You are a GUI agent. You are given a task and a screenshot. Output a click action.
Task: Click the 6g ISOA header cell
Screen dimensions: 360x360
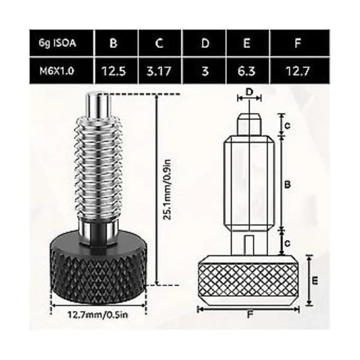(x=57, y=43)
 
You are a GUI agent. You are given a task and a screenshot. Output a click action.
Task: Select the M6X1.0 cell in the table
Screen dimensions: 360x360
(x=57, y=71)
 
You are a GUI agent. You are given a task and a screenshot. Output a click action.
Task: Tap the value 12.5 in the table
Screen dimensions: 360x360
(x=113, y=71)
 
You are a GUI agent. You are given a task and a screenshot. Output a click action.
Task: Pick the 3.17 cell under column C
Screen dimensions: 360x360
(x=159, y=71)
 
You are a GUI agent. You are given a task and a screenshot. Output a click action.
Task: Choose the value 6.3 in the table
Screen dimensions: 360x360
(x=247, y=71)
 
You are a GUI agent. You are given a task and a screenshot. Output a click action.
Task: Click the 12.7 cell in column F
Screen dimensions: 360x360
(x=297, y=71)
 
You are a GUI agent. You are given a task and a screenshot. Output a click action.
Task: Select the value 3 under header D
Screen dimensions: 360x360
(x=205, y=71)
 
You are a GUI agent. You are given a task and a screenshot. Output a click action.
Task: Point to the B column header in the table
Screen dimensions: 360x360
(x=113, y=43)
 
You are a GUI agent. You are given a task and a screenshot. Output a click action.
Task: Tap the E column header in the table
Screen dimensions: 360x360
(x=247, y=43)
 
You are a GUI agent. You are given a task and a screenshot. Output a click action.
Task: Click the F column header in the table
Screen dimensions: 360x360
(x=298, y=43)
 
